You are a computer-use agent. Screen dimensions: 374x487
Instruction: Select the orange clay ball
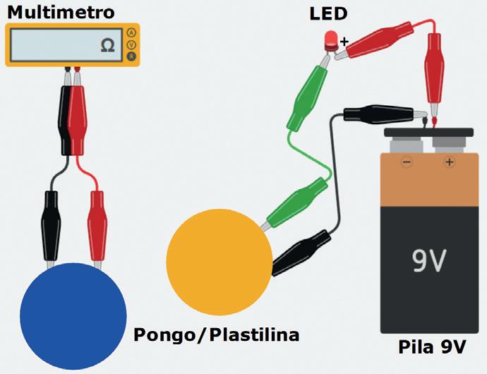click(x=220, y=263)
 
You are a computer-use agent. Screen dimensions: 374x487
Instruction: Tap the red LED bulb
click(x=330, y=40)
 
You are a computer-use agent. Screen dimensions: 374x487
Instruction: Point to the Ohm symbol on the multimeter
click(x=107, y=46)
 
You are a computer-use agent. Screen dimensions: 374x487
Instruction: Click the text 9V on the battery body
click(x=428, y=262)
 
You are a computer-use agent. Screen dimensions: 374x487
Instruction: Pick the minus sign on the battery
click(x=407, y=162)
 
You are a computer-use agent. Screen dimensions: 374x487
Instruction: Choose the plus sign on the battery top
click(x=449, y=162)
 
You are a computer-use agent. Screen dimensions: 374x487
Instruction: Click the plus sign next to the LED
click(x=344, y=42)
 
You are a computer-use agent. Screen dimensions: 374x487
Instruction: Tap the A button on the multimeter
click(x=131, y=32)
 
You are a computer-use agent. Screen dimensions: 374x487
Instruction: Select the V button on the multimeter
click(x=131, y=44)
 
